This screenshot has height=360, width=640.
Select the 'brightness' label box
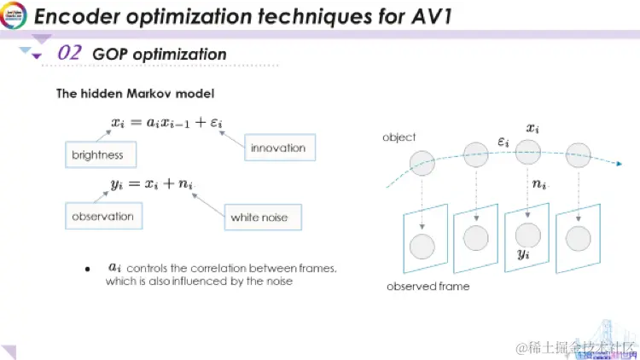(97, 155)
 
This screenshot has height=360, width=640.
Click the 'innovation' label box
(278, 148)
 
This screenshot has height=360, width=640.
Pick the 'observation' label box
(102, 217)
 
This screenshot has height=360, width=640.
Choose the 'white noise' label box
(259, 218)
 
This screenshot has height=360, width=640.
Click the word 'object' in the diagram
(399, 137)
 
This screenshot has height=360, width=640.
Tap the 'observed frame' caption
(428, 287)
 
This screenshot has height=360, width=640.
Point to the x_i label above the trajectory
(532, 128)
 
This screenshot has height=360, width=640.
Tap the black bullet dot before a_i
(87, 270)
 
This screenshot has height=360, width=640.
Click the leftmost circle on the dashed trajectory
(421, 162)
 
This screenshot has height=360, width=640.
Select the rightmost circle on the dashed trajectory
(579, 154)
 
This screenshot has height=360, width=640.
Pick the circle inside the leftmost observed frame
(422, 247)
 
